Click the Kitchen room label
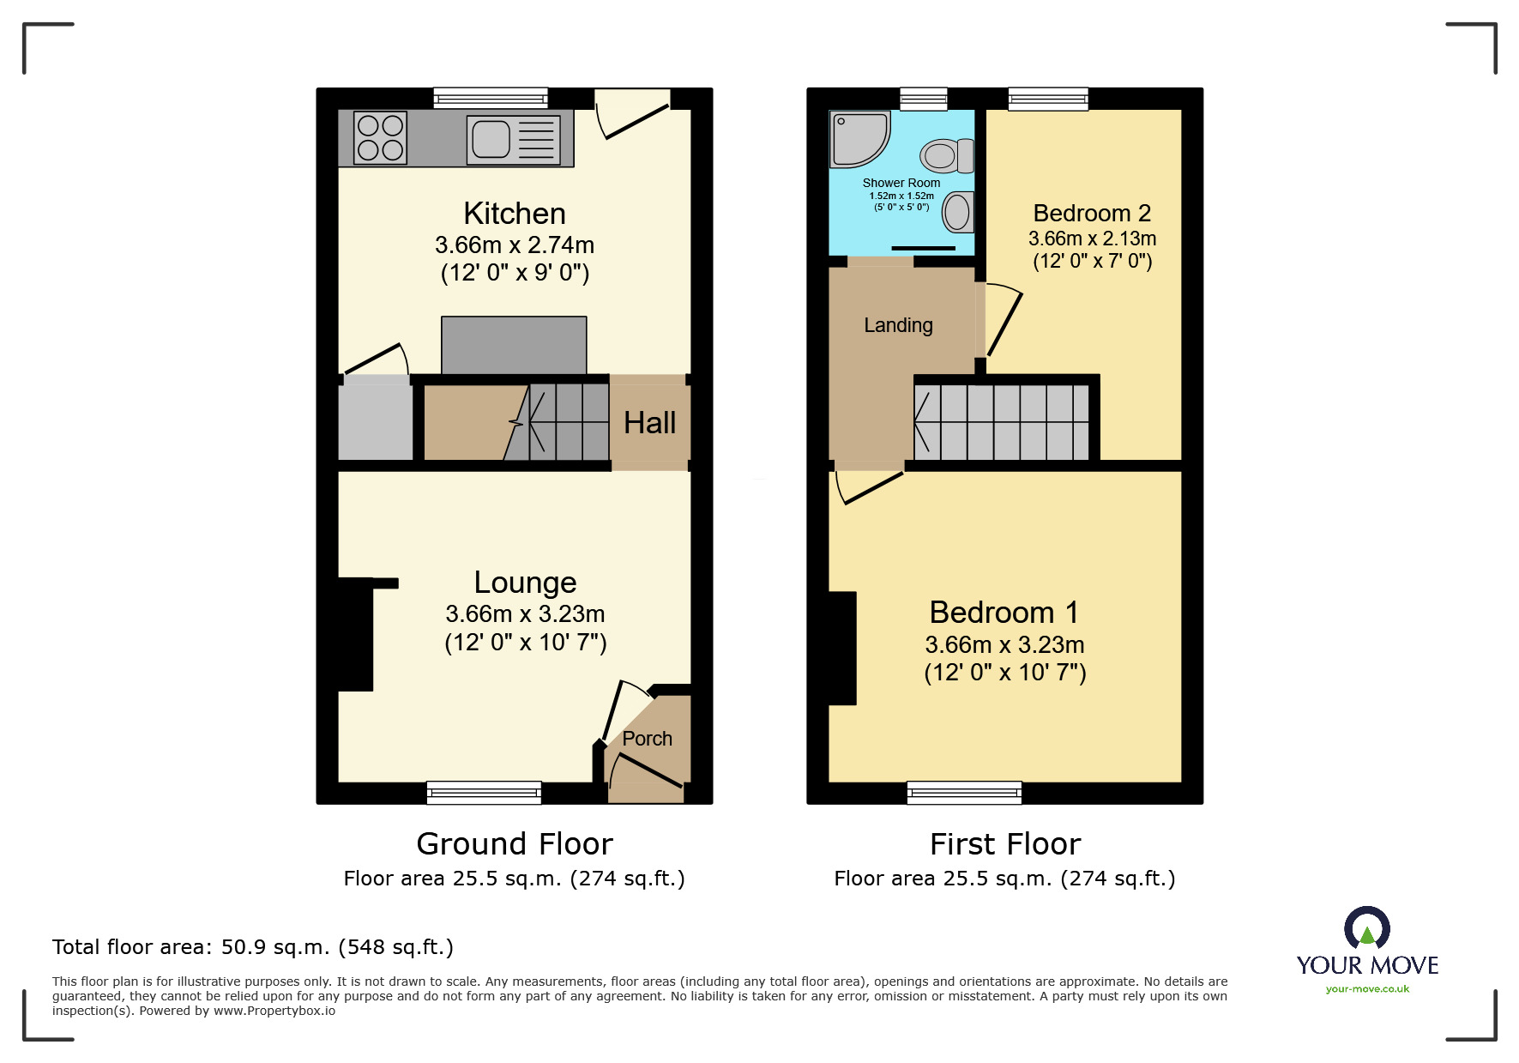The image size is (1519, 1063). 515,214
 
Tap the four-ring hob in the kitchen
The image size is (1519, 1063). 380,138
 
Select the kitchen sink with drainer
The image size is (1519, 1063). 513,140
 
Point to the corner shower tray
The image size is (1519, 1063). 858,138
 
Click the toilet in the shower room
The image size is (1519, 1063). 947,156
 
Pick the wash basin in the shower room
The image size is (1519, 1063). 958,212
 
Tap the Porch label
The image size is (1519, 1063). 647,739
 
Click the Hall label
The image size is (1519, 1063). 649,423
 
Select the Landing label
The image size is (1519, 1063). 898,325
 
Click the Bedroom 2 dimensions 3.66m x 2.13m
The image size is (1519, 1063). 1092,239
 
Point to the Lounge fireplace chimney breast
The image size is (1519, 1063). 356,634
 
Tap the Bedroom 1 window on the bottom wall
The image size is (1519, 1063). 964,792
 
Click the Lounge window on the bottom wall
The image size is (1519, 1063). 484,792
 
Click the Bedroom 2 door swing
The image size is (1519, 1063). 1002,321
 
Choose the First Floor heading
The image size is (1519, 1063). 1004,844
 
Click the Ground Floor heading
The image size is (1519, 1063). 515,844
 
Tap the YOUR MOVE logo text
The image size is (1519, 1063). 1367,965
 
